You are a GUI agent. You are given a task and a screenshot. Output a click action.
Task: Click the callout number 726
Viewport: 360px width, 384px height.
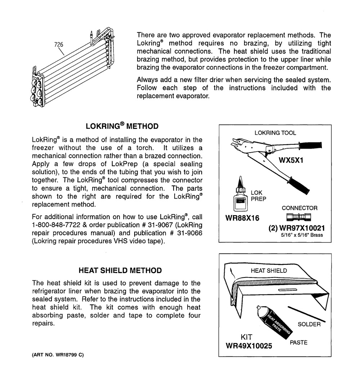[x=59, y=45]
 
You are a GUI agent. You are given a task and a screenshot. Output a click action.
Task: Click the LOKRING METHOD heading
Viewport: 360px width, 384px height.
[x=122, y=126]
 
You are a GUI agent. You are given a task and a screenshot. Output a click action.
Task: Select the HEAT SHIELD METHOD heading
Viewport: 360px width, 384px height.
[x=120, y=270]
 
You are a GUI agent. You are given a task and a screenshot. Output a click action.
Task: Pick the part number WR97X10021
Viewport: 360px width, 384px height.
[x=297, y=228]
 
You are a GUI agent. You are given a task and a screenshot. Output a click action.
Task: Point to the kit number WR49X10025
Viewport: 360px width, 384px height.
[x=248, y=346]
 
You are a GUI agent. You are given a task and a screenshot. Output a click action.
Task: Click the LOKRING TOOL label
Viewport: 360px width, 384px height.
[x=275, y=133]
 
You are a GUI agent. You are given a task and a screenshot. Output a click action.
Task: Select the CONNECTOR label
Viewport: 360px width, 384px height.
[x=300, y=208]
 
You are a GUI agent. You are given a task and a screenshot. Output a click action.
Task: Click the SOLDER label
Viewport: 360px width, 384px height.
[x=309, y=324]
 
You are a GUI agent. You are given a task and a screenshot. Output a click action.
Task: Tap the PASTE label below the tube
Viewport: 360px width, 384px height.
[x=298, y=343]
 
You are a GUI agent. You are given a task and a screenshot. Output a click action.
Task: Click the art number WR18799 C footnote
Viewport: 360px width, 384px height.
[x=58, y=354]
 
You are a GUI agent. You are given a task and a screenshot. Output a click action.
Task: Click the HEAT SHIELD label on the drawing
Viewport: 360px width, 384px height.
[x=269, y=271]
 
